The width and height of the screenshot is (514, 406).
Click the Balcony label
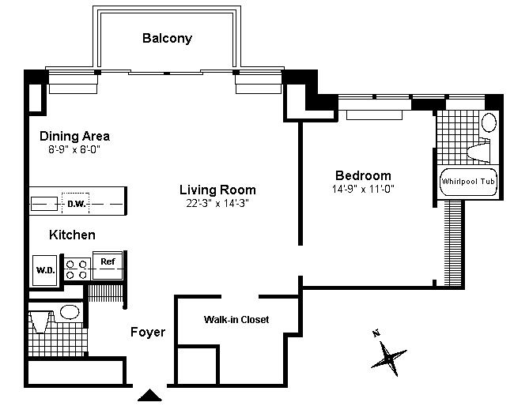coord(167,38)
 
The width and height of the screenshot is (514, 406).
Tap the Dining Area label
coord(75,136)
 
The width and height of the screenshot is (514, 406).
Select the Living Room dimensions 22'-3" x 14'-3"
coord(217,203)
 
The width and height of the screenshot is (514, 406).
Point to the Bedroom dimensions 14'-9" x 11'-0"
coord(363,189)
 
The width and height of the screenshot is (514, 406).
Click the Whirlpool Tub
coord(468,182)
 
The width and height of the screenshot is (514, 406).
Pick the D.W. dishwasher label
coord(77,204)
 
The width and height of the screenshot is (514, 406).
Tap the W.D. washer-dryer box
coord(45,270)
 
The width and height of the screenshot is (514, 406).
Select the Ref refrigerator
coord(108,265)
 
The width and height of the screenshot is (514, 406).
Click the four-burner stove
coord(77,269)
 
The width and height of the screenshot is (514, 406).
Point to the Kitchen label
coord(72,235)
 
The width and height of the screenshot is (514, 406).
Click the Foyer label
coord(148,332)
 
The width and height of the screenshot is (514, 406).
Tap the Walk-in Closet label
coord(236,320)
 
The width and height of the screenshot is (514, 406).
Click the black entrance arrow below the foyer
coord(149,395)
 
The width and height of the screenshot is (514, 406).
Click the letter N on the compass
coord(376,333)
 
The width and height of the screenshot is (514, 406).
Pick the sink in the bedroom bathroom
coord(489,122)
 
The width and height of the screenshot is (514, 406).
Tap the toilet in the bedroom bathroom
coord(478,150)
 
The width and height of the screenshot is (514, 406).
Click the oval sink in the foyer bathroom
coord(70,312)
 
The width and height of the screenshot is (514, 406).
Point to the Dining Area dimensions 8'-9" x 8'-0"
coord(74,149)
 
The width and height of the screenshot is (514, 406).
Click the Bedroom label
coord(363,175)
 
